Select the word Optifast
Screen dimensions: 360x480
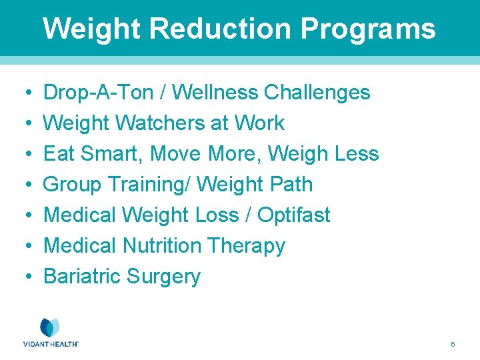coord(293,215)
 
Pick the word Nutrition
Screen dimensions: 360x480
coord(162,246)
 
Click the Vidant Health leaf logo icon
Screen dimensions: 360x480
coord(50,327)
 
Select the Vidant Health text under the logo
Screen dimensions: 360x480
coord(51,344)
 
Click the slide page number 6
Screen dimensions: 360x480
coord(453,345)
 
